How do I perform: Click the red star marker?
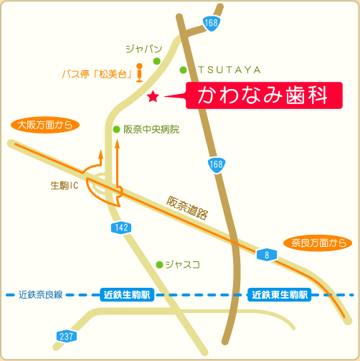click(152, 95)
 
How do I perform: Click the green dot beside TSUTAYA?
click(183, 70)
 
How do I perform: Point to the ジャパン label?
click(144, 49)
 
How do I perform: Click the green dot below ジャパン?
click(156, 61)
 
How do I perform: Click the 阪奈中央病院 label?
click(151, 130)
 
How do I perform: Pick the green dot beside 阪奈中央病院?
click(116, 129)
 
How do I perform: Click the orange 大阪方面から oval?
click(44, 125)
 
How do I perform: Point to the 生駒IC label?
click(64, 185)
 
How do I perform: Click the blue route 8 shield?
click(265, 254)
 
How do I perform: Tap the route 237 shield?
click(66, 336)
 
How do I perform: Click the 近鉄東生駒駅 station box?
click(279, 294)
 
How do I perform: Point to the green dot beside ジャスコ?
click(159, 264)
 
